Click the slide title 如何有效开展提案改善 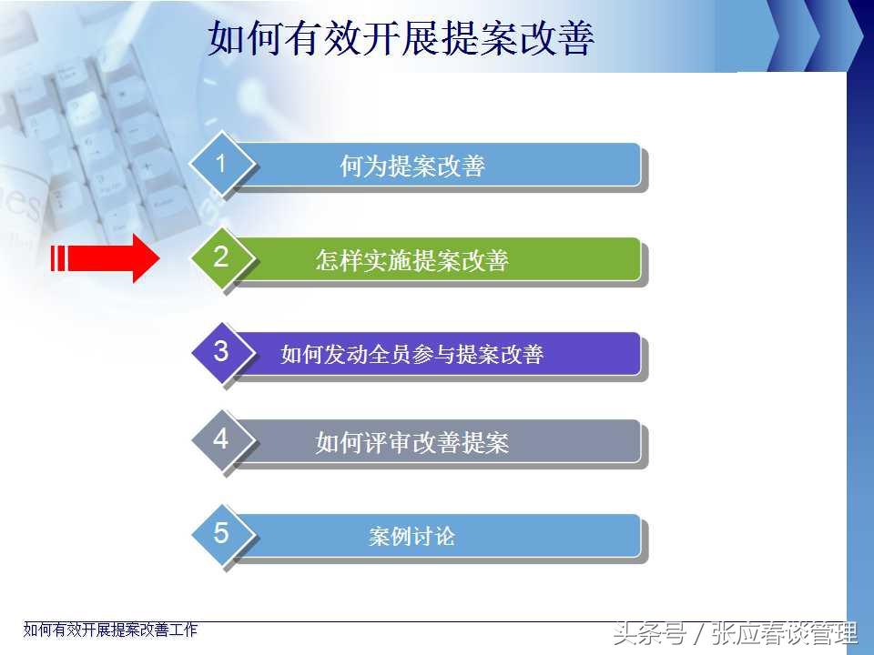tap(401, 38)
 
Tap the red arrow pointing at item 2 tap(106, 258)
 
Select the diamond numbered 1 tap(222, 164)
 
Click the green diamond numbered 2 tap(222, 257)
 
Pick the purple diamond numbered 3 tap(223, 352)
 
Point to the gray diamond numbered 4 tap(223, 440)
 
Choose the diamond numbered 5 tap(223, 535)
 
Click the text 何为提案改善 tap(412, 166)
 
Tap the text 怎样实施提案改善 tap(412, 260)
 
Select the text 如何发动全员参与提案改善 tap(412, 354)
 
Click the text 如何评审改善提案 tap(412, 443)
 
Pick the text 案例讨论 tap(412, 537)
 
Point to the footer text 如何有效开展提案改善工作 tap(110, 630)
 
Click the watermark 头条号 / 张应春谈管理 tap(735, 633)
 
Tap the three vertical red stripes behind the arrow tap(58, 258)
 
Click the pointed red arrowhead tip tap(159, 258)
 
